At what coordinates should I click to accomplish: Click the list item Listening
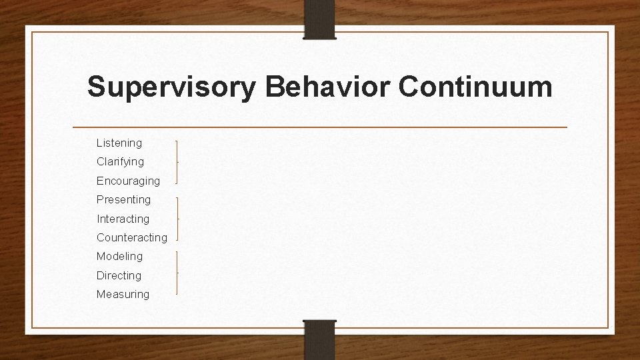(119, 143)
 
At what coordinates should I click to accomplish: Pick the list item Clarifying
(120, 162)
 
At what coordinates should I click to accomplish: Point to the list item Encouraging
(128, 181)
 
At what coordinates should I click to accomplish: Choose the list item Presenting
(123, 199)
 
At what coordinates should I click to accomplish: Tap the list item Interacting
(123, 219)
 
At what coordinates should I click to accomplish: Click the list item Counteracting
(132, 237)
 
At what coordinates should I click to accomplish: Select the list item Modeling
(119, 256)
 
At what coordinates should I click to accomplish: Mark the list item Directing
(119, 275)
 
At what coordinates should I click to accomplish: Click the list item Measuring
(123, 294)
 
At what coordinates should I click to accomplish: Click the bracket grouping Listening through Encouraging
(177, 162)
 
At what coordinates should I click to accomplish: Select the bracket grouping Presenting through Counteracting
(177, 219)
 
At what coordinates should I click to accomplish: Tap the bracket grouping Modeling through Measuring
(177, 273)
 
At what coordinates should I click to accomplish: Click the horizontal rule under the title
(319, 127)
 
